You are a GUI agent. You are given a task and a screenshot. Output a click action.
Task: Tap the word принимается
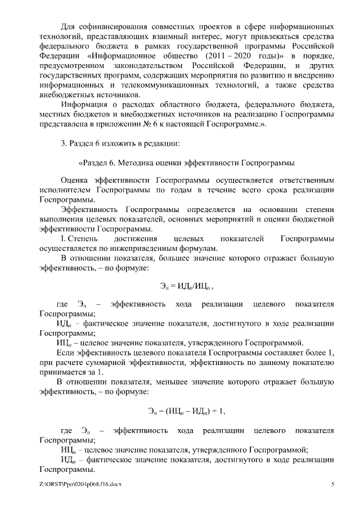[64, 372]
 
